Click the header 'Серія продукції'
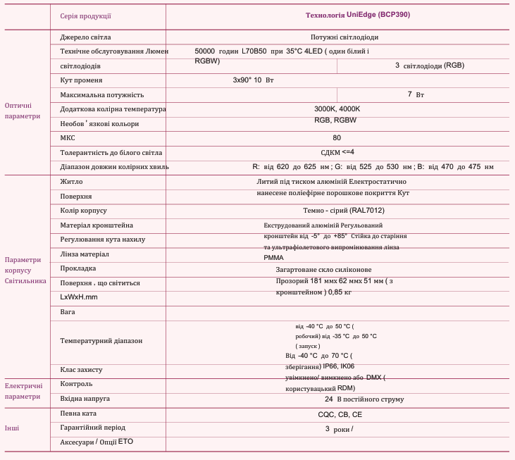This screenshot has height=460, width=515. pyautogui.click(x=85, y=15)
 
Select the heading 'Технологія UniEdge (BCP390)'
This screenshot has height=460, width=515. pyautogui.click(x=357, y=15)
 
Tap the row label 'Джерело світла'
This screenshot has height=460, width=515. pyautogui.click(x=85, y=37)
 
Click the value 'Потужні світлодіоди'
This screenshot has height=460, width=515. pyautogui.click(x=345, y=37)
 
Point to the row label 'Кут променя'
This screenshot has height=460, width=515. pyautogui.click(x=82, y=80)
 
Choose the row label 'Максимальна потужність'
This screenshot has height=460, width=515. pyautogui.click(x=102, y=94)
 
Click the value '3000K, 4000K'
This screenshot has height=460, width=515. pyautogui.click(x=337, y=109)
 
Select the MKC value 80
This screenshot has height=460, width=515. pyautogui.click(x=337, y=138)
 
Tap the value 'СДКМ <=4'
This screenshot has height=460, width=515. pyautogui.click(x=337, y=152)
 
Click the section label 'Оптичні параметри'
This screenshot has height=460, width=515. pyautogui.click(x=23, y=111)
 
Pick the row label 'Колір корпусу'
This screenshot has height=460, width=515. pyautogui.click(x=84, y=211)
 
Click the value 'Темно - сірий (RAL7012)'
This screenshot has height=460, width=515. pyautogui.click(x=344, y=211)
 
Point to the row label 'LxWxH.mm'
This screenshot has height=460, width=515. pyautogui.click(x=79, y=297)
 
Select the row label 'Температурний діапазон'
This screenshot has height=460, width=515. pyautogui.click(x=101, y=341)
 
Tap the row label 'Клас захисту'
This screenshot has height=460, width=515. pyautogui.click(x=82, y=370)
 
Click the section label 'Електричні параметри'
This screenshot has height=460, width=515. pyautogui.click(x=24, y=391)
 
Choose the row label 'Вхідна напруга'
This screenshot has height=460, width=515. pyautogui.click(x=85, y=399)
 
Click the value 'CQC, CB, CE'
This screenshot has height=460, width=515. pyautogui.click(x=340, y=414)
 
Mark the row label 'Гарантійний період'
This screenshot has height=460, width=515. pyautogui.click(x=93, y=428)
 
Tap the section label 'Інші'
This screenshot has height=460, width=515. pyautogui.click(x=12, y=428)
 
